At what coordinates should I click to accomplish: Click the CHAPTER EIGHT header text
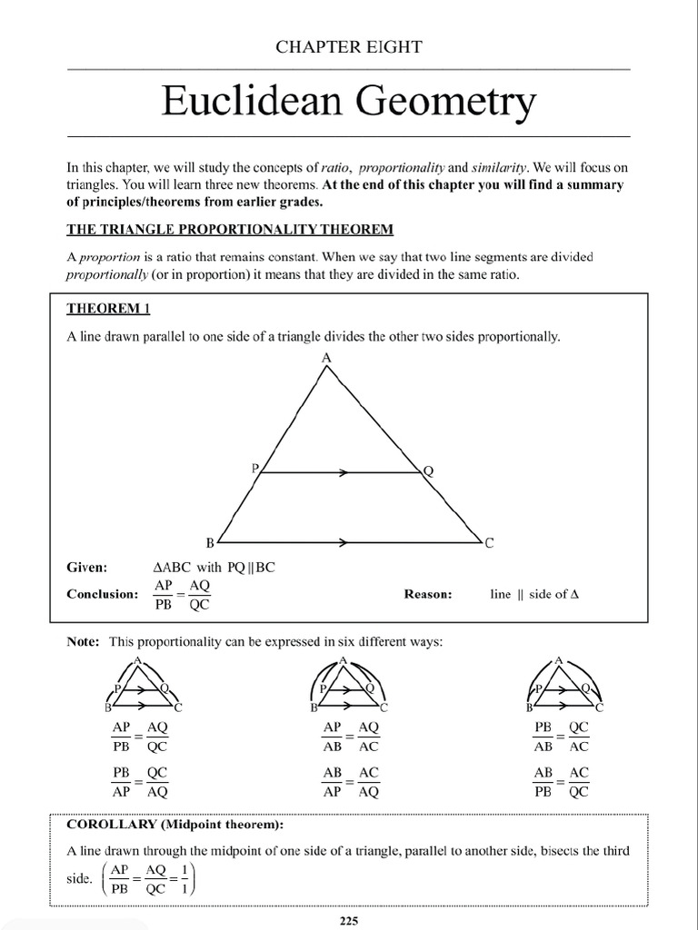click(x=349, y=47)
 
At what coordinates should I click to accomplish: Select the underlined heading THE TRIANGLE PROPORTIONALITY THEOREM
click(x=230, y=227)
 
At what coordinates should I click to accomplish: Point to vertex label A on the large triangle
click(x=327, y=359)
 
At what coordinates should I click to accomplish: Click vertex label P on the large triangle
click(x=255, y=469)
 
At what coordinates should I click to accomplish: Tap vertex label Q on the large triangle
click(x=428, y=470)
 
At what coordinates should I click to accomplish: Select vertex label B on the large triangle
click(x=210, y=544)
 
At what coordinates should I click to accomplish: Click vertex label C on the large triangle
click(x=489, y=544)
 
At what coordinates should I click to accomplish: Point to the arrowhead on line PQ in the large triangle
click(x=344, y=472)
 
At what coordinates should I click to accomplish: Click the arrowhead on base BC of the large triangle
click(x=344, y=543)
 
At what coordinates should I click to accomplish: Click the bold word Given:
click(x=87, y=568)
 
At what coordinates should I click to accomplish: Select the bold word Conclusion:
click(x=102, y=594)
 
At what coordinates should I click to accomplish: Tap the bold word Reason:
click(x=427, y=594)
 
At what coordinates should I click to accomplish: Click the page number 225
click(x=349, y=921)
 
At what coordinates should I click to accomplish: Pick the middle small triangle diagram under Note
click(x=349, y=685)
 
